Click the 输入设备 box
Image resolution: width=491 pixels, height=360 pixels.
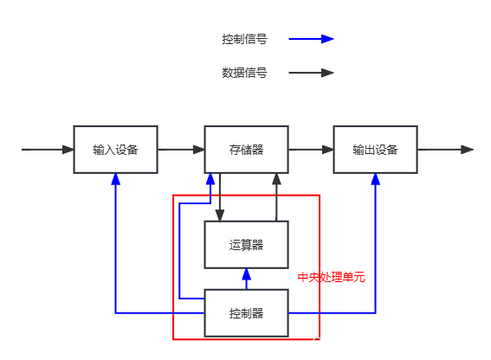coord(115,150)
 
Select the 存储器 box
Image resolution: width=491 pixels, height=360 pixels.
coord(246,150)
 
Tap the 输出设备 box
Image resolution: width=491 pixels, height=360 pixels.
coord(375,150)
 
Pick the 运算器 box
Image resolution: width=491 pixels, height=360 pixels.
coord(246,245)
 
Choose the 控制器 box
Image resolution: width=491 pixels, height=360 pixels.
coord(246,312)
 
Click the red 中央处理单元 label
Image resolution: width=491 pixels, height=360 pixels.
coord(332,278)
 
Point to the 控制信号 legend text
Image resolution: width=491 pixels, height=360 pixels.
coord(243,39)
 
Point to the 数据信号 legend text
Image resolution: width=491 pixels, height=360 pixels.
coord(243,74)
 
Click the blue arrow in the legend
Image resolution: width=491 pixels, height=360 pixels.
coord(311,39)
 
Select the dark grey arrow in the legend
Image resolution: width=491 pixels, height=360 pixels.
coord(311,74)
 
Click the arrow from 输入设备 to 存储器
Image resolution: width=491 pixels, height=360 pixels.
coord(181,150)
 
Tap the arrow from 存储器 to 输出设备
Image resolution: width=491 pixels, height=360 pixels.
coord(311,150)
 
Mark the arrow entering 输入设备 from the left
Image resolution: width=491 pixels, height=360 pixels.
coord(48,150)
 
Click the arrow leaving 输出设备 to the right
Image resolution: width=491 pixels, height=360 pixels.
coord(446,150)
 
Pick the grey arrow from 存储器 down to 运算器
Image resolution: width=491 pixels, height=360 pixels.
coord(220,197)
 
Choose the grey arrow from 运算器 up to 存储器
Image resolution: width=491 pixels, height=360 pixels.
coord(277,197)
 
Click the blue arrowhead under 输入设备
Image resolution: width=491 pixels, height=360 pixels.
coord(115,180)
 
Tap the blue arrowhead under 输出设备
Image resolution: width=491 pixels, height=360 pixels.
coord(376,180)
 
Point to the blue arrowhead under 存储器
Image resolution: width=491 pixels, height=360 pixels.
coord(210,180)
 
